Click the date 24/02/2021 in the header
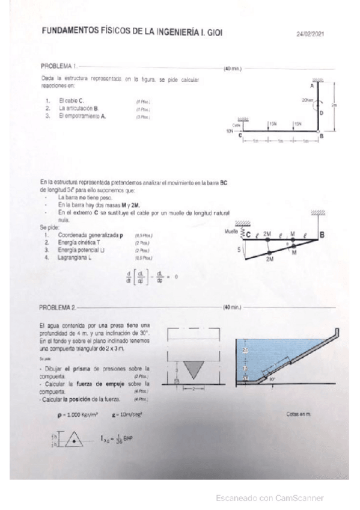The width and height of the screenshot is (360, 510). tap(310, 35)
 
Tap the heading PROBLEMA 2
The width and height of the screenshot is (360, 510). tap(58, 308)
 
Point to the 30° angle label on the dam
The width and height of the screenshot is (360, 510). tap(272, 380)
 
